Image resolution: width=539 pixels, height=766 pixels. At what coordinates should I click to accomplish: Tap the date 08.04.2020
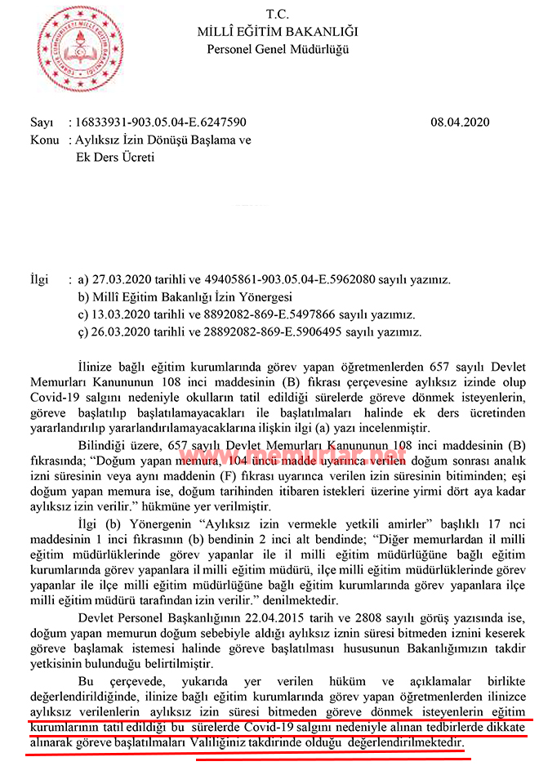[x=460, y=122]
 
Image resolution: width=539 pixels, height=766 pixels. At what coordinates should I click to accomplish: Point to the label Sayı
[x=41, y=122]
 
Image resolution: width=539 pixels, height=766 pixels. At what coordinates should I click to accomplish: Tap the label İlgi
[x=40, y=279]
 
